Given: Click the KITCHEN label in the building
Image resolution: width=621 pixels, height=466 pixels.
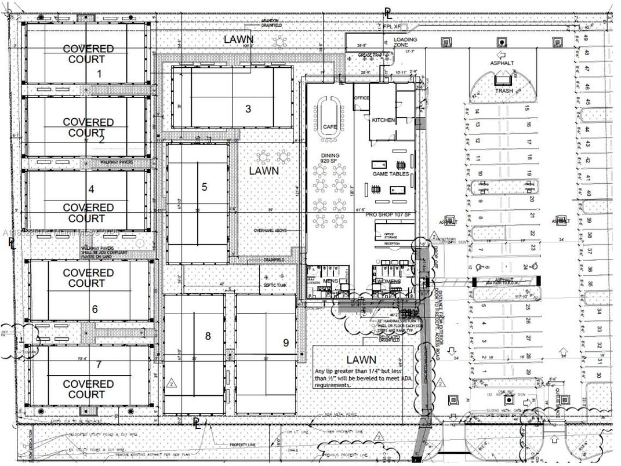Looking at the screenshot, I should tap(383, 120).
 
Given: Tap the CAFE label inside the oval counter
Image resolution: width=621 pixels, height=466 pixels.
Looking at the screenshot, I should tap(330, 126).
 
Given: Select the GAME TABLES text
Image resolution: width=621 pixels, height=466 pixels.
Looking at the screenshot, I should tap(390, 174).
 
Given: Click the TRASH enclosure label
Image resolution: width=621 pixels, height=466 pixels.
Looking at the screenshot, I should tap(503, 91).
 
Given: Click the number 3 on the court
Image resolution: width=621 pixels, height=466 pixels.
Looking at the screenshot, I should tap(248, 108).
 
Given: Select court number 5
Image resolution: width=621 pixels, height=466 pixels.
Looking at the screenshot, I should tap(204, 187).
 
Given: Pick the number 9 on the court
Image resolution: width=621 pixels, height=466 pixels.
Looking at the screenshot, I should tap(286, 342).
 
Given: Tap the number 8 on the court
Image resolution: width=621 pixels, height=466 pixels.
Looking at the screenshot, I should tap(208, 335).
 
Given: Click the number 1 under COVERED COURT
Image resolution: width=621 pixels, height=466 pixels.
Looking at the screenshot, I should tap(99, 73).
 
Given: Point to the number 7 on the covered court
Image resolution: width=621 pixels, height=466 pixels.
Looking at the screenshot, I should tap(99, 364).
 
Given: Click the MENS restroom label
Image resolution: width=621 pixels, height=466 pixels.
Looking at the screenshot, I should tap(331, 282).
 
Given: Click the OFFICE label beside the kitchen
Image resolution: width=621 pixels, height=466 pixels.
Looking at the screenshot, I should tap(361, 99).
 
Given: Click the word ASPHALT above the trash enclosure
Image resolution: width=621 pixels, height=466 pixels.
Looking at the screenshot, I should tap(502, 62).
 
